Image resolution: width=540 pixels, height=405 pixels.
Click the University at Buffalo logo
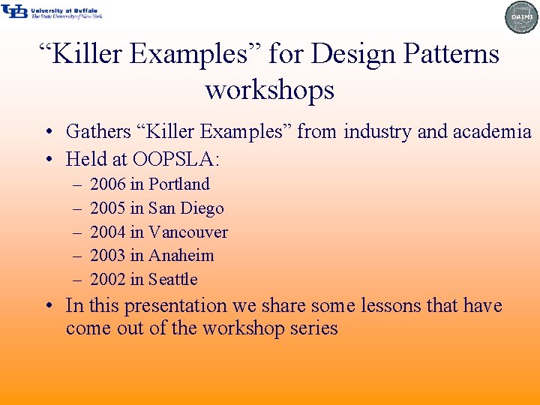[51, 11]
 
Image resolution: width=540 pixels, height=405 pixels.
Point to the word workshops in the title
[269, 90]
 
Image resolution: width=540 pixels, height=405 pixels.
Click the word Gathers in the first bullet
[98, 132]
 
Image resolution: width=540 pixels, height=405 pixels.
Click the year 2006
[108, 184]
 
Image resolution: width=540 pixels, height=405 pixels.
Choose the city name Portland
[179, 184]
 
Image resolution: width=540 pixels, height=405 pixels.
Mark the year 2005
[108, 208]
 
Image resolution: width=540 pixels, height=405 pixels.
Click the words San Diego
[186, 208]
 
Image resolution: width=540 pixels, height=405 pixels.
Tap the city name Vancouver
[188, 232]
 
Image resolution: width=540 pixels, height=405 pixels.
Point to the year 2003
[108, 255]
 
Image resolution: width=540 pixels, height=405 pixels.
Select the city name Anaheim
[181, 255]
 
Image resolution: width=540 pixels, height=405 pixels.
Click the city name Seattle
[173, 279]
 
